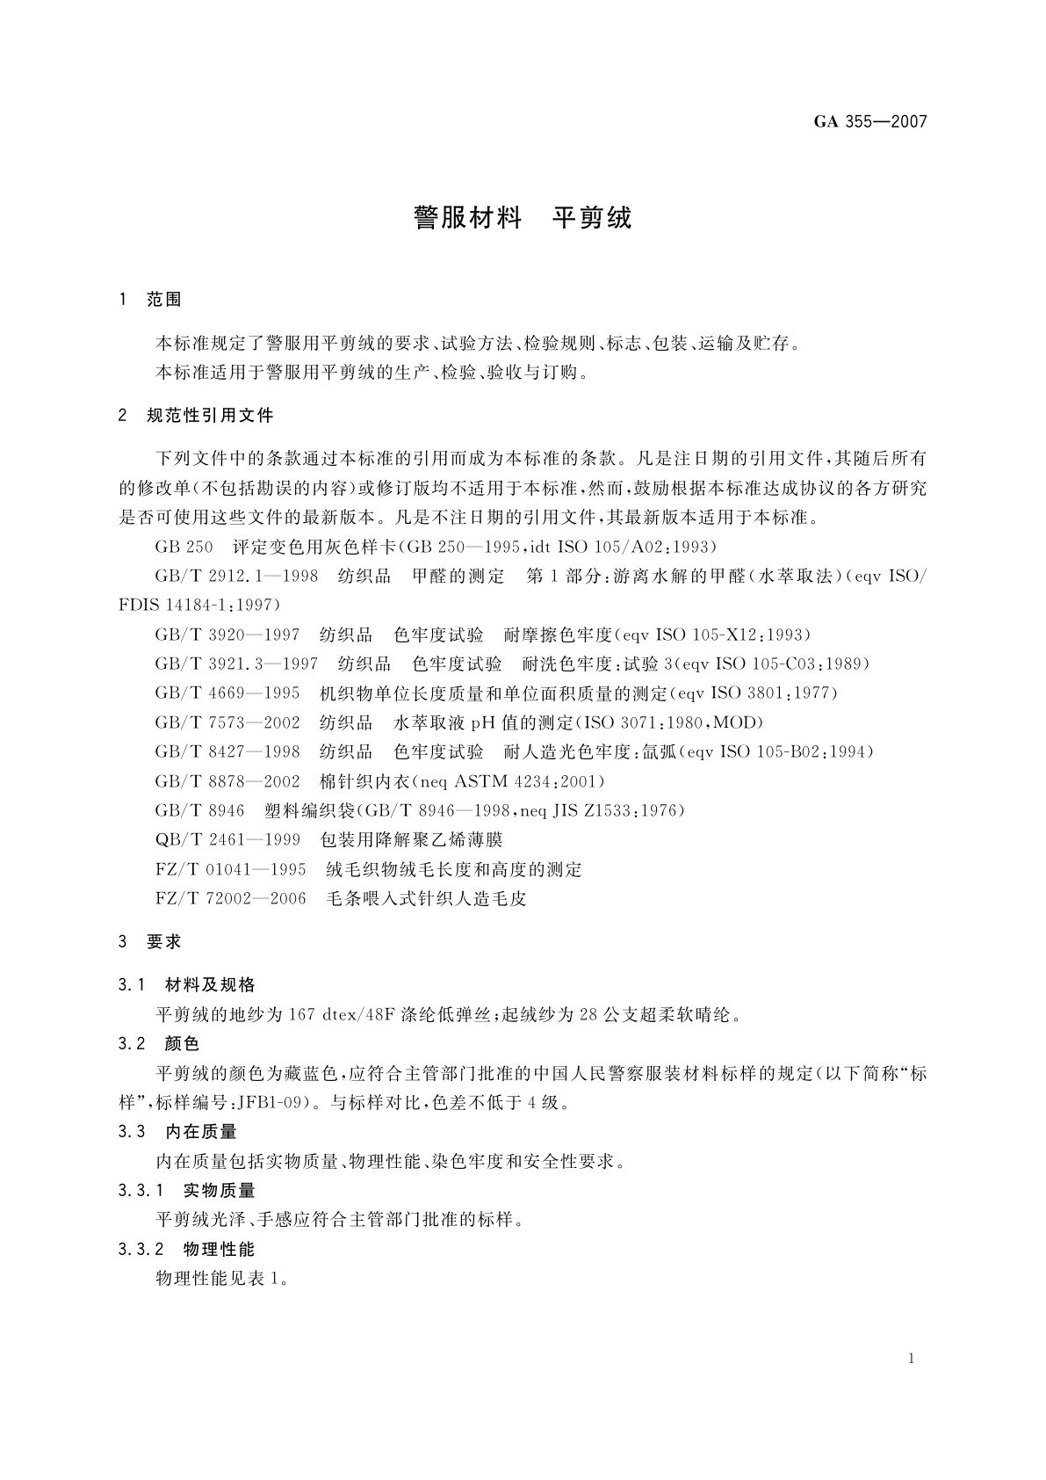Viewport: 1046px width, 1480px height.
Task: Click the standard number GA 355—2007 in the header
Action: [x=869, y=122]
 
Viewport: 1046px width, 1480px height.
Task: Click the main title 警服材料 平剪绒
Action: [x=522, y=218]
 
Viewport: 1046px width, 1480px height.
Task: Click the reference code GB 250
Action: [x=184, y=547]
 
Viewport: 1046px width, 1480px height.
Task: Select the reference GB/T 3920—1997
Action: [x=227, y=635]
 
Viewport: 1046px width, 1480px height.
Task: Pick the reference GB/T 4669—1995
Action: [x=227, y=693]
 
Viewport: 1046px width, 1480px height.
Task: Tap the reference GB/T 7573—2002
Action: [x=227, y=722]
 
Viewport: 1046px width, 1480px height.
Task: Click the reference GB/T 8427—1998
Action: [x=227, y=751]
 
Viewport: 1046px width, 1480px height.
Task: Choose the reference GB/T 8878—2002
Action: [x=227, y=781]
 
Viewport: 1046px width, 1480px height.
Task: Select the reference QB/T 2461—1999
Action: [x=227, y=839]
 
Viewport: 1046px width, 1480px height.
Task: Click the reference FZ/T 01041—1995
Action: [x=230, y=869]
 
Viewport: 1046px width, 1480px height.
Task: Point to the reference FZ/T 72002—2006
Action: [x=230, y=898]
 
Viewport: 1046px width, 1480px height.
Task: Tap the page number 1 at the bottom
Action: [x=912, y=1359]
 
